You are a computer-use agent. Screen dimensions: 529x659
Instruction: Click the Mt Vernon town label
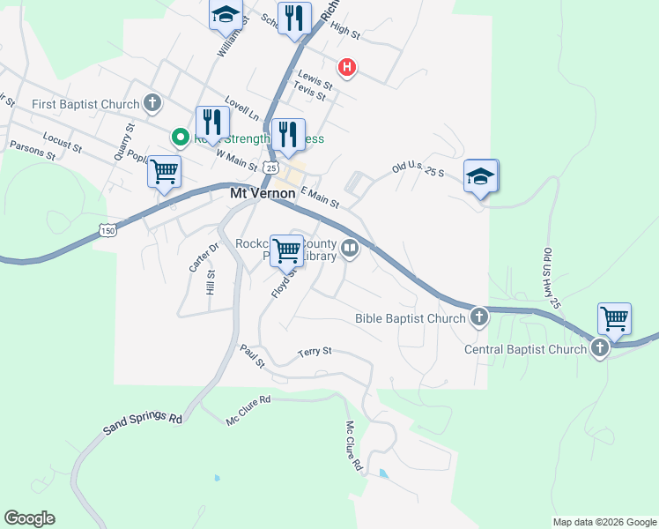[262, 192]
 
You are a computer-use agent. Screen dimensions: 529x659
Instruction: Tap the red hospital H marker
[348, 66]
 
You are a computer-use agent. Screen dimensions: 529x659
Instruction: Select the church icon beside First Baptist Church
[152, 104]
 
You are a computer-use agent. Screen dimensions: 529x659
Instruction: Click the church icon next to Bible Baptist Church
[478, 317]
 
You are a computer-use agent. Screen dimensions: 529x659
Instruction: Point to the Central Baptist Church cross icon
[599, 348]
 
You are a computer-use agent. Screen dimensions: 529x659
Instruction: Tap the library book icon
[350, 249]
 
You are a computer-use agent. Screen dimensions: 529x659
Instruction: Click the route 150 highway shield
[107, 230]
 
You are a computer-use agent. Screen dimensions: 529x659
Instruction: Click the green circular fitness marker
[180, 138]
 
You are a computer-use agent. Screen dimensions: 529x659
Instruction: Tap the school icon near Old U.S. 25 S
[481, 176]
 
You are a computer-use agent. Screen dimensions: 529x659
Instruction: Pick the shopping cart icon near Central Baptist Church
[614, 318]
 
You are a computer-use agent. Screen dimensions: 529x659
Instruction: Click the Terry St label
[315, 351]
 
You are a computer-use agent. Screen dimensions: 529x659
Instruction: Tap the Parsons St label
[33, 151]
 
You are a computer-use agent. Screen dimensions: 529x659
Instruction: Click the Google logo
[29, 518]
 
